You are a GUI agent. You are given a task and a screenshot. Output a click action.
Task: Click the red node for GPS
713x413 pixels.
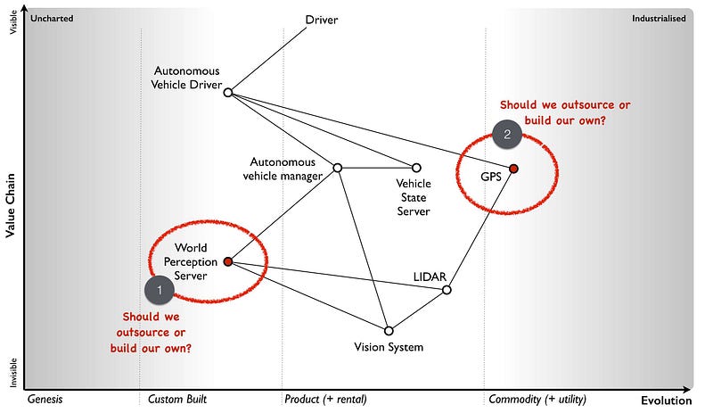pyautogui.click(x=513, y=168)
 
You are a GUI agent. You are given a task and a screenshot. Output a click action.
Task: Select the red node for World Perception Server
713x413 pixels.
pyautogui.click(x=228, y=261)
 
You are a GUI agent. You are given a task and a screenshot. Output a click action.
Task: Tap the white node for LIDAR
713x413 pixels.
pyautogui.click(x=447, y=290)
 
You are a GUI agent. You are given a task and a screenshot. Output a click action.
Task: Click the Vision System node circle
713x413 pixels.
pyautogui.click(x=389, y=330)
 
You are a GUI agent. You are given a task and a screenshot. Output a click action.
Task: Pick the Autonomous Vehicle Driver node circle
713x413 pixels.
pyautogui.click(x=228, y=92)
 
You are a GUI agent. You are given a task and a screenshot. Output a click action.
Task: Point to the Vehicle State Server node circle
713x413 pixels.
pyautogui.click(x=415, y=168)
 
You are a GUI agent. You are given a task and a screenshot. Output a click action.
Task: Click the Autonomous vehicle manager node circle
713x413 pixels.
pyautogui.click(x=338, y=168)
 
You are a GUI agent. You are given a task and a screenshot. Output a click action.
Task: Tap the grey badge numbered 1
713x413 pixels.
pyautogui.click(x=160, y=289)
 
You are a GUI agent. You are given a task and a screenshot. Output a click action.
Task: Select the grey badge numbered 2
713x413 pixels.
pyautogui.click(x=507, y=135)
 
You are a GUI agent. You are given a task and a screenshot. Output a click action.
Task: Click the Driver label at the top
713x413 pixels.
pyautogui.click(x=322, y=20)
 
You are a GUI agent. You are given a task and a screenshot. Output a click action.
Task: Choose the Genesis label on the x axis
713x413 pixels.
pyautogui.click(x=45, y=399)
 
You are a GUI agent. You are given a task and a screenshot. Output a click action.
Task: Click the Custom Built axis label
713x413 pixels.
pyautogui.click(x=177, y=399)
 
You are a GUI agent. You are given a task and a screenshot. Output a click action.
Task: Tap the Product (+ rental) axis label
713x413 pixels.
pyautogui.click(x=326, y=399)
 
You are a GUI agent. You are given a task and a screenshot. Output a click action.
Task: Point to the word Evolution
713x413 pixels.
pyautogui.click(x=665, y=401)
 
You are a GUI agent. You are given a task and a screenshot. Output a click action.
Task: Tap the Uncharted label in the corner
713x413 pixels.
pyautogui.click(x=51, y=18)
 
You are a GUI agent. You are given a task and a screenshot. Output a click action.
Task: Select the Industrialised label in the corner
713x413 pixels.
pyautogui.click(x=659, y=18)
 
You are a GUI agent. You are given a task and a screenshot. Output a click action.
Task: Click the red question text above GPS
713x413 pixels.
pyautogui.click(x=553, y=112)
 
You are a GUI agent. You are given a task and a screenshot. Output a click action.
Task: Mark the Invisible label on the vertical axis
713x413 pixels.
pyautogui.click(x=12, y=372)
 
